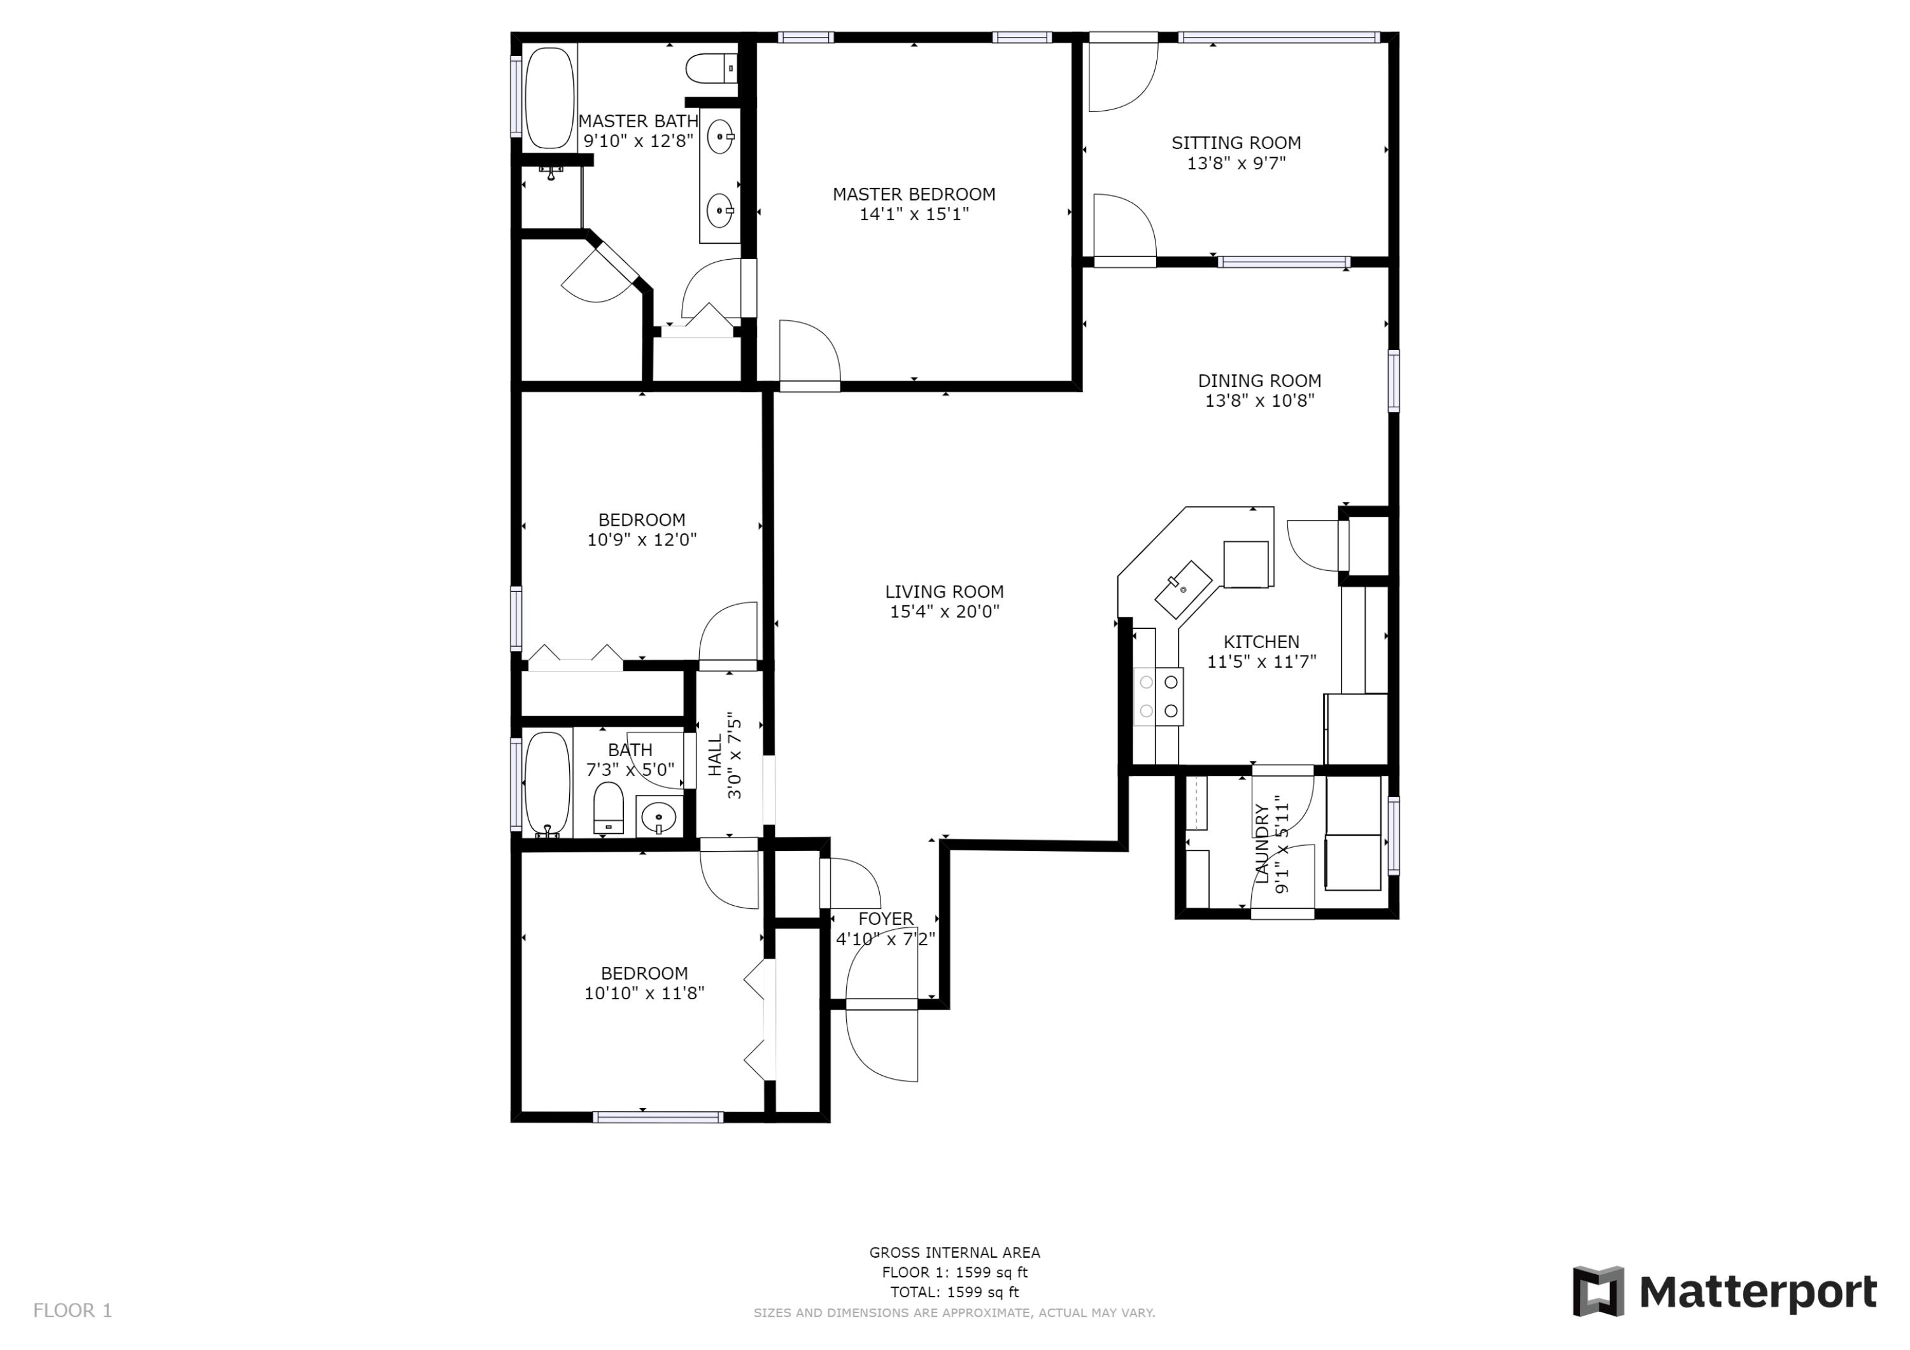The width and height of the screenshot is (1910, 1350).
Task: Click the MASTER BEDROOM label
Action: (x=914, y=193)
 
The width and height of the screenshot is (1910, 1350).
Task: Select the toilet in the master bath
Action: (x=711, y=68)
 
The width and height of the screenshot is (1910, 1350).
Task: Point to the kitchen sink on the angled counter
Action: (x=1183, y=589)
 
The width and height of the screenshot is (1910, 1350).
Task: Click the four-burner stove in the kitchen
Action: (x=1158, y=696)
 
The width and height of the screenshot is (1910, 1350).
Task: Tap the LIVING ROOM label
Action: (x=944, y=591)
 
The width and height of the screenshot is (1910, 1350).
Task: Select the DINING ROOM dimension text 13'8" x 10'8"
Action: (x=1259, y=401)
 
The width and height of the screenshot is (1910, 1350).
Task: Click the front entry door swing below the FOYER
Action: (x=882, y=1043)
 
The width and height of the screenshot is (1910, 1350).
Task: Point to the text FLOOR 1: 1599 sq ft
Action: (x=954, y=1272)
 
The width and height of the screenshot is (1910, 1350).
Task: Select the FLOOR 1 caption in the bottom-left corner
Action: (x=73, y=1311)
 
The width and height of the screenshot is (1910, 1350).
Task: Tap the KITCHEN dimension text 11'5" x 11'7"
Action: (x=1261, y=662)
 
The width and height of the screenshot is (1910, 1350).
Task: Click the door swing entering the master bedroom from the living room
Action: (x=809, y=353)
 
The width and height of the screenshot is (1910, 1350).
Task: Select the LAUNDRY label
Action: (x=1262, y=844)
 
